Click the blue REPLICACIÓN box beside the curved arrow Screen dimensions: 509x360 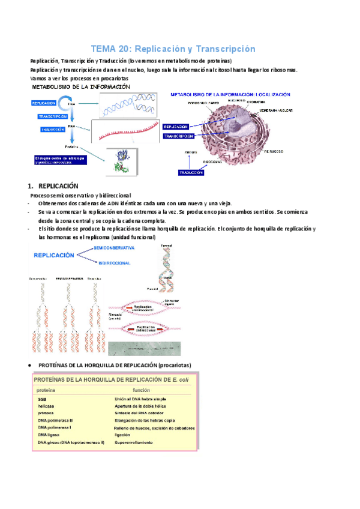pos(46,103)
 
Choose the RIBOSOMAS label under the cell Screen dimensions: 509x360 pos(214,162)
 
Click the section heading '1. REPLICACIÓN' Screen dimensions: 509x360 pos(58,186)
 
